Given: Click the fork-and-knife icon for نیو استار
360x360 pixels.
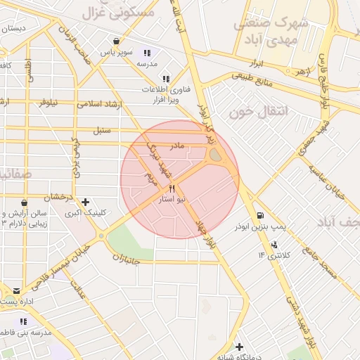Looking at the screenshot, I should coord(172,189).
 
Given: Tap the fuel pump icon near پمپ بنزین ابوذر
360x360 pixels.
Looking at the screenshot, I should coord(260,215).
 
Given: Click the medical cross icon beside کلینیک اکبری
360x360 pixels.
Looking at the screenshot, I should coord(85,202).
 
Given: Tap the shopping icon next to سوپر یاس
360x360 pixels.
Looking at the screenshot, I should coord(115,42).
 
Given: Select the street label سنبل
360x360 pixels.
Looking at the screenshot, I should coord(102,130).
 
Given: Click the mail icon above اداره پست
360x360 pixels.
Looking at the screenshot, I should coord(16,290).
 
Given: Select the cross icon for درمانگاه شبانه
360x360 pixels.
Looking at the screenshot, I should coord(240,347).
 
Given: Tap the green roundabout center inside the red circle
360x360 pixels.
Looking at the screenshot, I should coord(215,155).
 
